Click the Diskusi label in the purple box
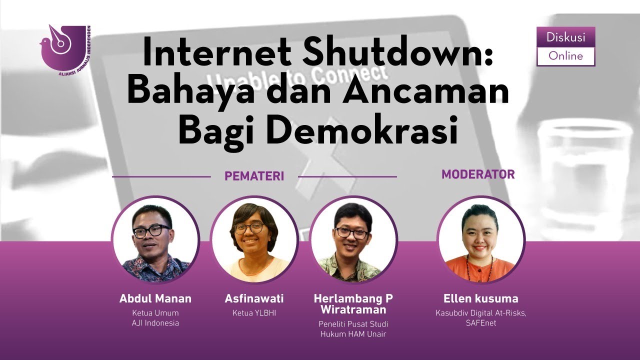[565, 37]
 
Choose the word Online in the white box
[565, 56]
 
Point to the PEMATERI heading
[254, 176]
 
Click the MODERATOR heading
[478, 174]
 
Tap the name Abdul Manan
[155, 298]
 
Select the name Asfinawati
[254, 298]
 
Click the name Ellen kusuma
[480, 298]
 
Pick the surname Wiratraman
[353, 310]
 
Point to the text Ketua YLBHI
[254, 313]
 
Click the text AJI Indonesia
[155, 323]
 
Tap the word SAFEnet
[480, 323]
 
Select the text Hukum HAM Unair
[353, 334]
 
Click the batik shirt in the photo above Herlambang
[353, 267]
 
